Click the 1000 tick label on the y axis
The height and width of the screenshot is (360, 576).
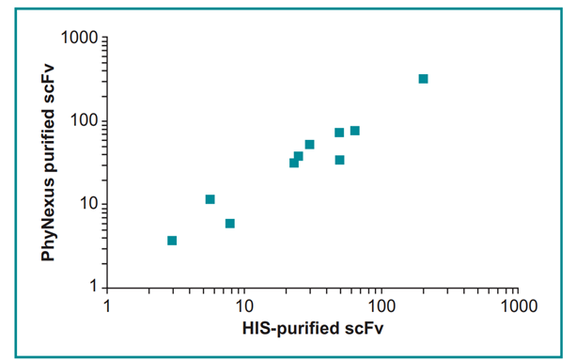80,39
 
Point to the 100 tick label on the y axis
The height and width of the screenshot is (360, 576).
85,122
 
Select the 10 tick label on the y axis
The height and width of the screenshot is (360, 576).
88,205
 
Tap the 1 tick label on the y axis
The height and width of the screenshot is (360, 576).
93,288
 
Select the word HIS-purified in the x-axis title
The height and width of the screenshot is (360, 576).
292,328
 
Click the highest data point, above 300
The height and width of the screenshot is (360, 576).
423,79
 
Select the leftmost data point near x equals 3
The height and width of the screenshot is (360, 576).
172,241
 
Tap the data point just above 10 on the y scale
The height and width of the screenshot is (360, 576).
210,199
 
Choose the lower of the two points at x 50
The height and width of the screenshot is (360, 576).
339,160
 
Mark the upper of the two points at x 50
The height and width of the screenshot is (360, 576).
339,133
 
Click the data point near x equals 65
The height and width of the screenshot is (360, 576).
355,131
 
